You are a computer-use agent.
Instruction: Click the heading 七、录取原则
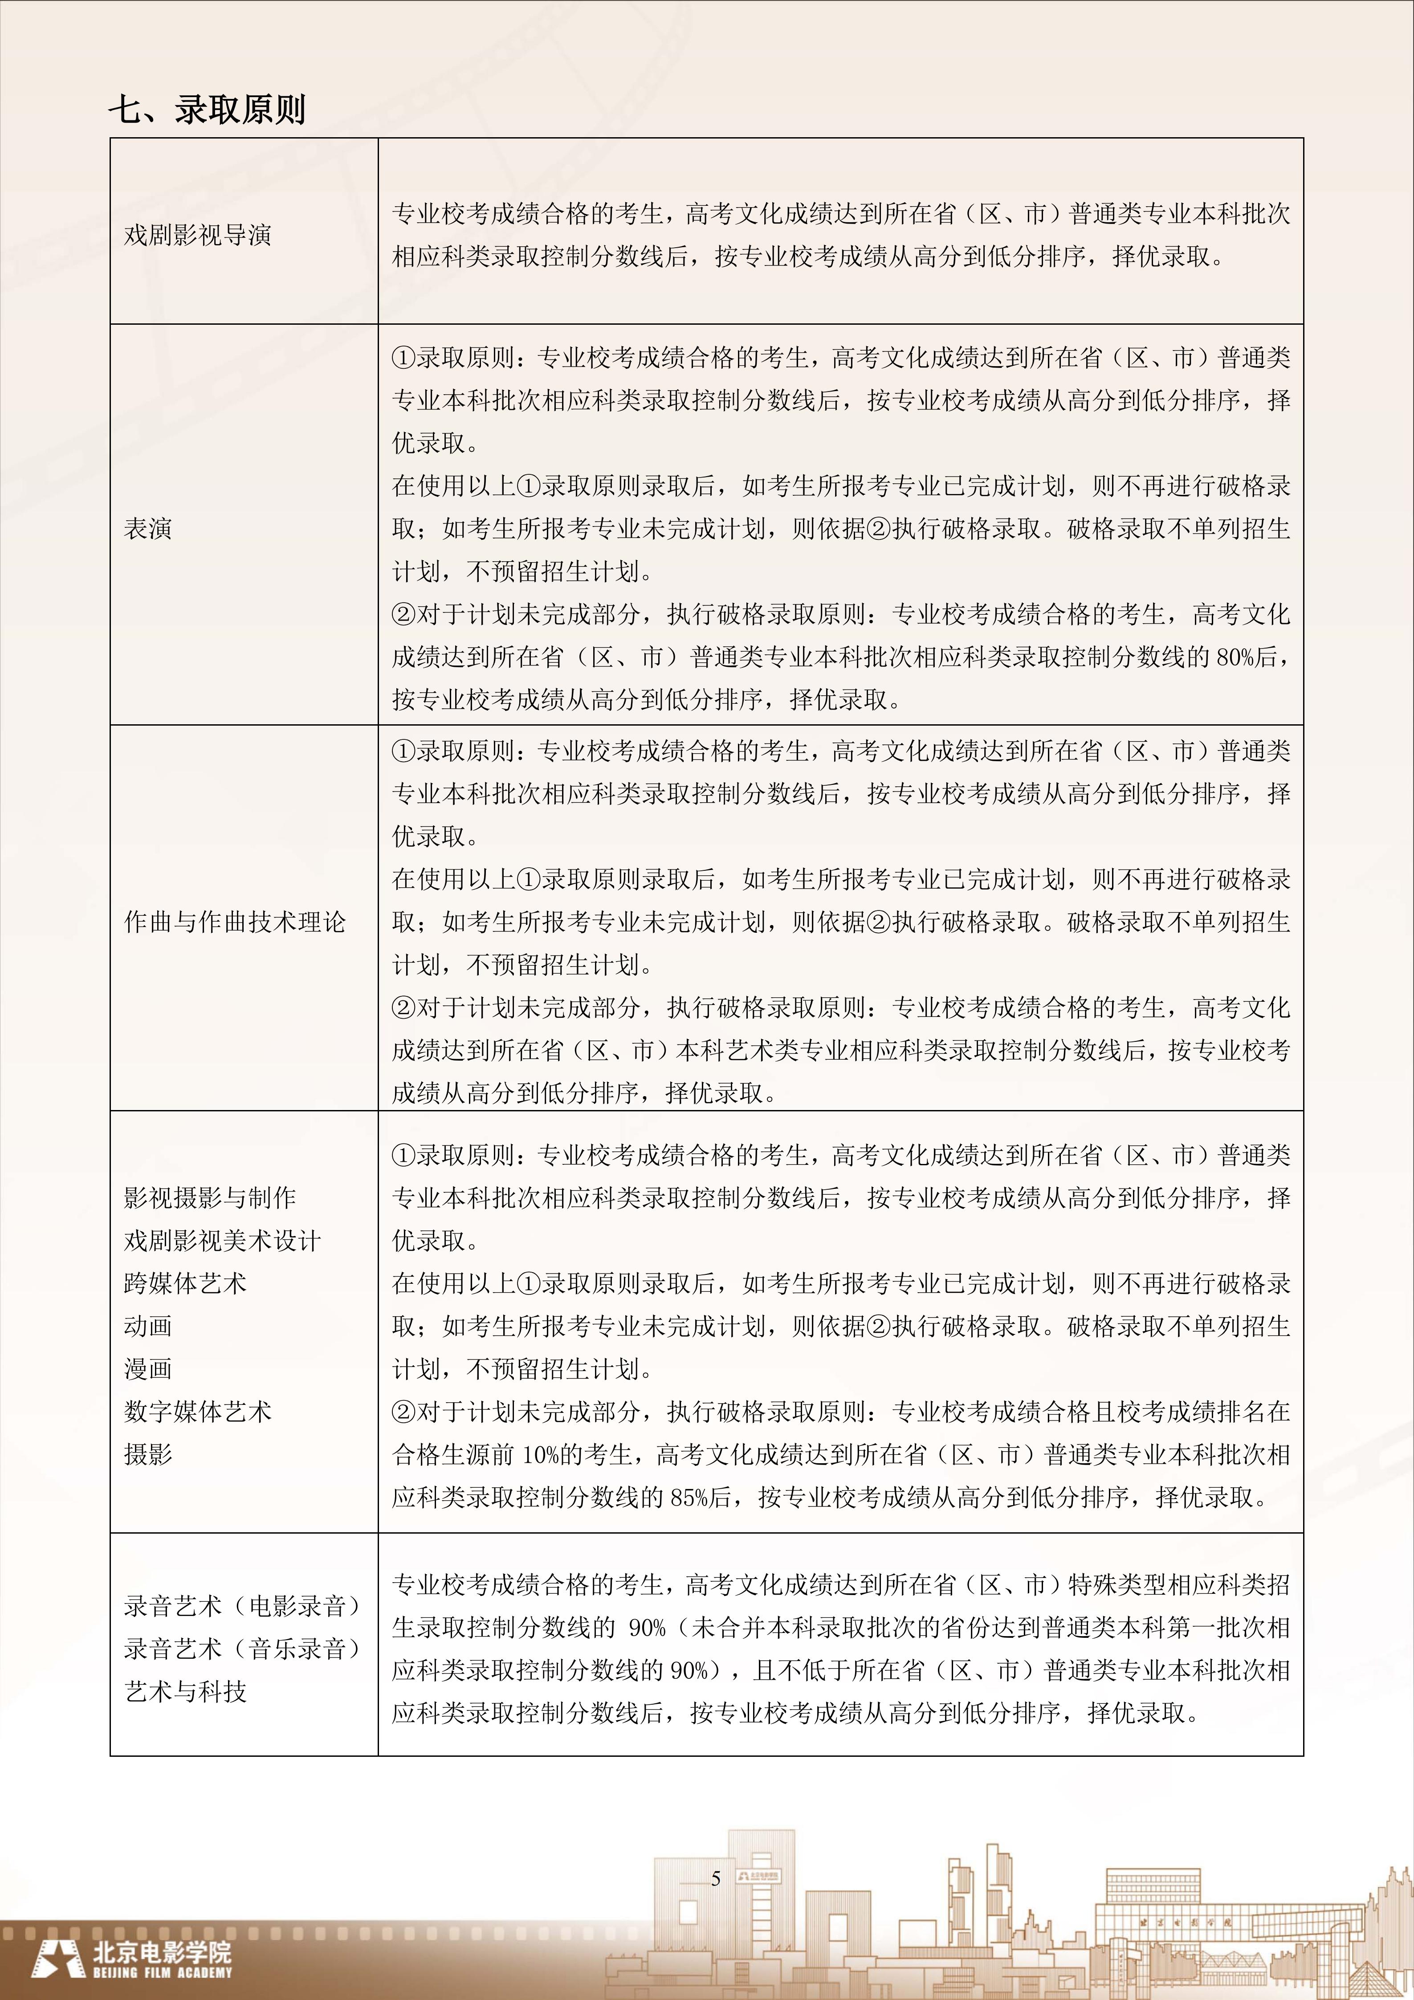207,110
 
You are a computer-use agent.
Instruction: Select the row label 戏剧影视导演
198,235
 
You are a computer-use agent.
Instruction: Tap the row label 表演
148,529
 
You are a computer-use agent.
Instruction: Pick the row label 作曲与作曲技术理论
235,922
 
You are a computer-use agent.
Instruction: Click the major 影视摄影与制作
210,1198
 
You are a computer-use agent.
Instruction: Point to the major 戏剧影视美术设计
222,1241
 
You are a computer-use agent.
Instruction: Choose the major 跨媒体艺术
185,1283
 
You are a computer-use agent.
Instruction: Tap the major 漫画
148,1368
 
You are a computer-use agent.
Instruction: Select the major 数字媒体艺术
198,1411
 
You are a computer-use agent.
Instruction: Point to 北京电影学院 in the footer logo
163,1951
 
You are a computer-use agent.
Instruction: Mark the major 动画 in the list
148,1326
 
